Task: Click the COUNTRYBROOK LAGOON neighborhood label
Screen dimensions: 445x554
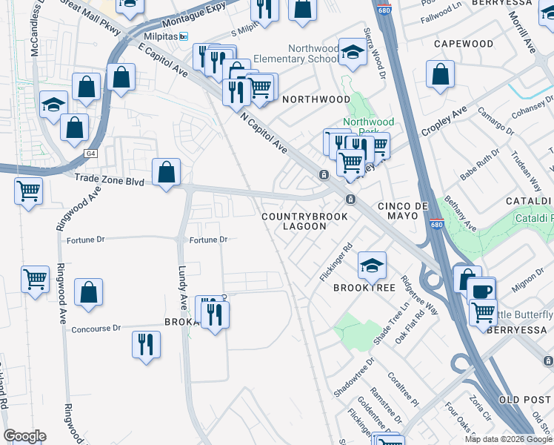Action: (x=294, y=220)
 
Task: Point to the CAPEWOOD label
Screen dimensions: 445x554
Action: (x=464, y=44)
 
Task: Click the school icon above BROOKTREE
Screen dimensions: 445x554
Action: (x=372, y=263)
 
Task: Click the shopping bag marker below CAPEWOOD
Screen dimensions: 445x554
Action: (x=441, y=74)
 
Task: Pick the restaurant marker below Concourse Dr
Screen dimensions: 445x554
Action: (x=146, y=344)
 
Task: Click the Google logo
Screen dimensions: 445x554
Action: (x=24, y=436)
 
